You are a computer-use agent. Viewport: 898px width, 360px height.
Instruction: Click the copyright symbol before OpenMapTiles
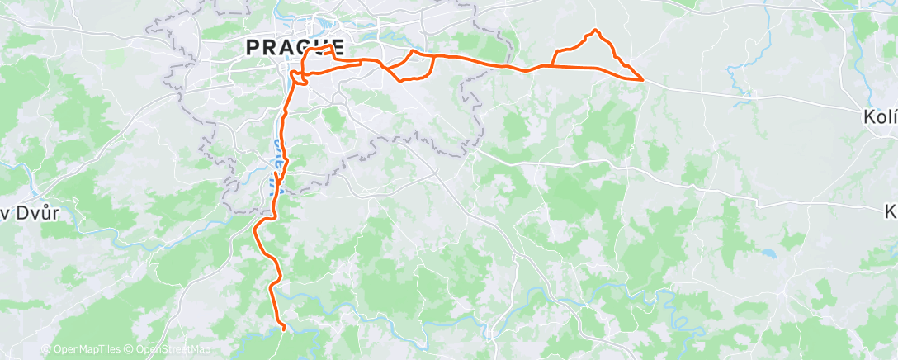(46, 349)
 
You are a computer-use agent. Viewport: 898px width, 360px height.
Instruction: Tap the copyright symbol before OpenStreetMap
(130, 349)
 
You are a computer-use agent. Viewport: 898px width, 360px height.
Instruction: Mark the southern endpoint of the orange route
(284, 329)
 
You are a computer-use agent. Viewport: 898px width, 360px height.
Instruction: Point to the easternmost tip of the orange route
(643, 79)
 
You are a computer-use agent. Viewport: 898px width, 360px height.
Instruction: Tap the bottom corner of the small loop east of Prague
(401, 80)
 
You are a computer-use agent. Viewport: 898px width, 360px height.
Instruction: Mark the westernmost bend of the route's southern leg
(255, 227)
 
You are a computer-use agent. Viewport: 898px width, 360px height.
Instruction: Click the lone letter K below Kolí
(891, 211)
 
